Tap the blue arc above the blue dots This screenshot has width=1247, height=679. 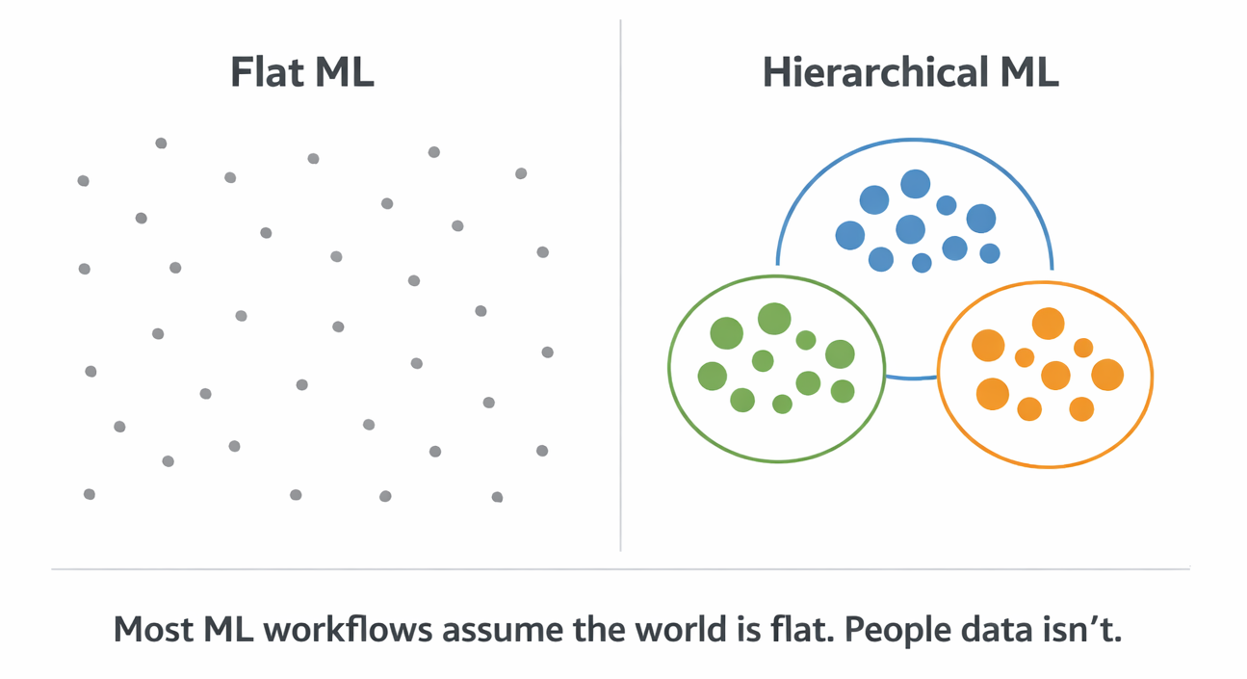tap(915, 140)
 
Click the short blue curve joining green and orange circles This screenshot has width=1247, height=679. tap(911, 378)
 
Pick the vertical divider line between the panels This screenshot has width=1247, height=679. tap(621, 289)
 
